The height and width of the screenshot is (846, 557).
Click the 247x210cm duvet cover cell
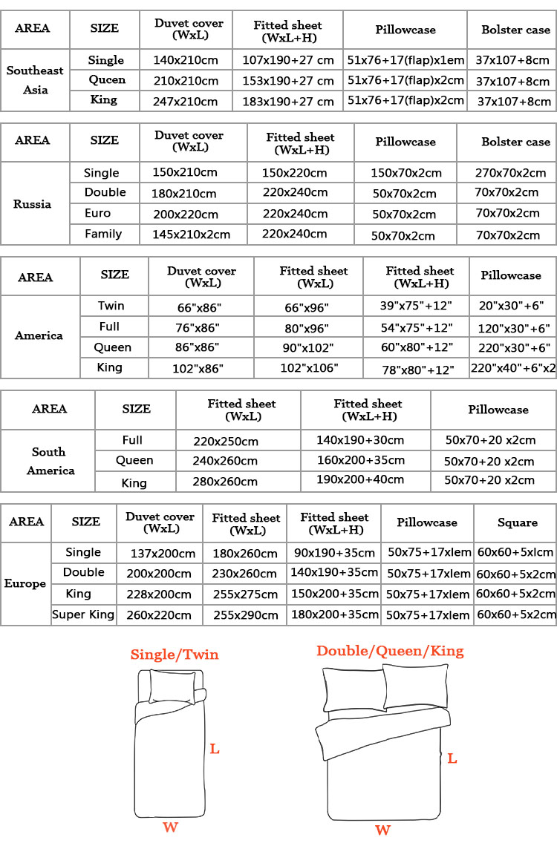click(x=186, y=102)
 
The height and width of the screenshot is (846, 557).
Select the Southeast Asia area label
click(x=35, y=80)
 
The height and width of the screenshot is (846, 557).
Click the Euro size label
click(x=98, y=214)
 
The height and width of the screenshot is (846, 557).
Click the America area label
click(x=39, y=335)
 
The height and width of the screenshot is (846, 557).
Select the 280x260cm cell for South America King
click(x=225, y=482)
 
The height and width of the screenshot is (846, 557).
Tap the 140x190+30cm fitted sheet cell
click(x=365, y=440)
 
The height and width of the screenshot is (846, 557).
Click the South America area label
click(x=49, y=461)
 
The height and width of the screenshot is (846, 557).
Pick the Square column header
click(x=517, y=522)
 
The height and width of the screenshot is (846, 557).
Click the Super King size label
click(x=83, y=614)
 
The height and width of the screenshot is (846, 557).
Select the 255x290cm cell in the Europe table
click(x=245, y=615)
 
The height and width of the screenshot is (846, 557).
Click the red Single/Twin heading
click(x=175, y=655)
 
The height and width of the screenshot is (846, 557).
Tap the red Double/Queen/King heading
click(x=390, y=651)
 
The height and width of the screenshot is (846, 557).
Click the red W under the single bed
click(x=170, y=827)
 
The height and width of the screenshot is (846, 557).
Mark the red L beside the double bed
click(x=452, y=758)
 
